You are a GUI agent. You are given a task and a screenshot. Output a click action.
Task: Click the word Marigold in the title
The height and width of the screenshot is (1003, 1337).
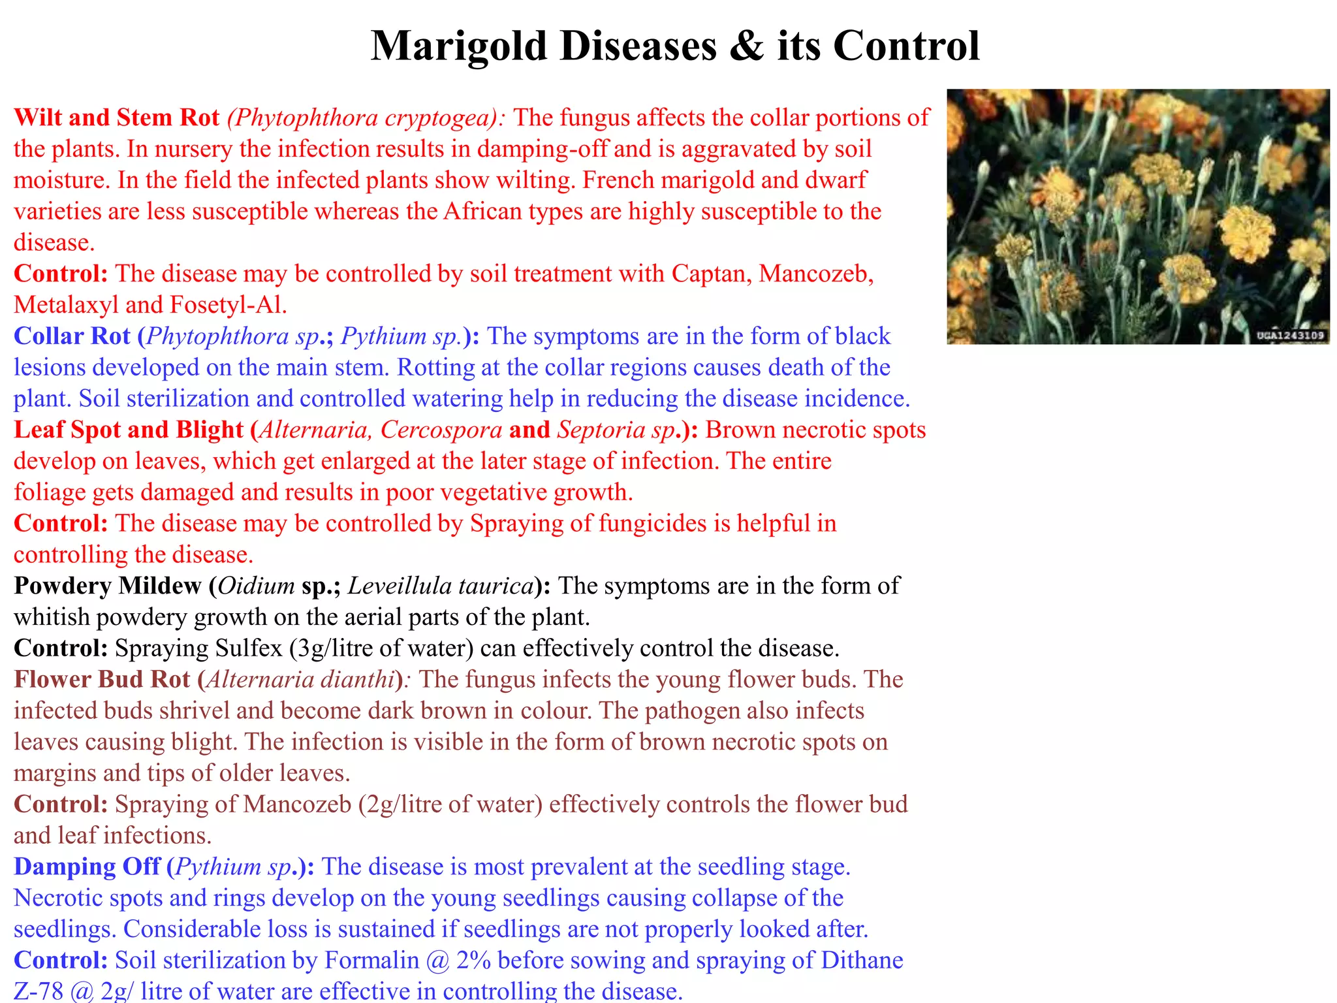[x=458, y=47]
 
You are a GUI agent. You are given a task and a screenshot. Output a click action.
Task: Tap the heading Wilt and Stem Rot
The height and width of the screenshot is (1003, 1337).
[x=116, y=118]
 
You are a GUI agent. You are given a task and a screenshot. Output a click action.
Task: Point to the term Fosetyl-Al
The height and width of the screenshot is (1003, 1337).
[x=228, y=305]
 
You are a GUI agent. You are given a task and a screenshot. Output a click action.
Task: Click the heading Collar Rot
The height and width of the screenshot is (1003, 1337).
[x=72, y=336]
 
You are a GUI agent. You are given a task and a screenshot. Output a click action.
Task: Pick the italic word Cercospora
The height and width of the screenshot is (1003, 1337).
[x=441, y=430]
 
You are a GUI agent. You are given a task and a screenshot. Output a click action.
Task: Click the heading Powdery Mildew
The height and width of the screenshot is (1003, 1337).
[x=107, y=586]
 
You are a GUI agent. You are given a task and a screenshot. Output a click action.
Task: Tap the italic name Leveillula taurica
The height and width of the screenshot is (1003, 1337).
[x=441, y=586]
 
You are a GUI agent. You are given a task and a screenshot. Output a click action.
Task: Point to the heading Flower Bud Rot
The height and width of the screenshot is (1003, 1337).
[x=102, y=680]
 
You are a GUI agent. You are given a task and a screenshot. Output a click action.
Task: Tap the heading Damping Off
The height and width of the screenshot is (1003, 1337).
[x=87, y=867]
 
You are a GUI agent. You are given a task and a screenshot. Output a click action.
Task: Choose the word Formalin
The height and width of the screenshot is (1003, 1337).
[x=371, y=961]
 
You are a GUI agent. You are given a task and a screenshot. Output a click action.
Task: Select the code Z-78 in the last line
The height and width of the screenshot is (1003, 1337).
[x=38, y=991]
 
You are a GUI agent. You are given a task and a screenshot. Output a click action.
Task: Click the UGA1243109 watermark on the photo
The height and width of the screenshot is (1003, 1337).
[x=1290, y=336]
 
